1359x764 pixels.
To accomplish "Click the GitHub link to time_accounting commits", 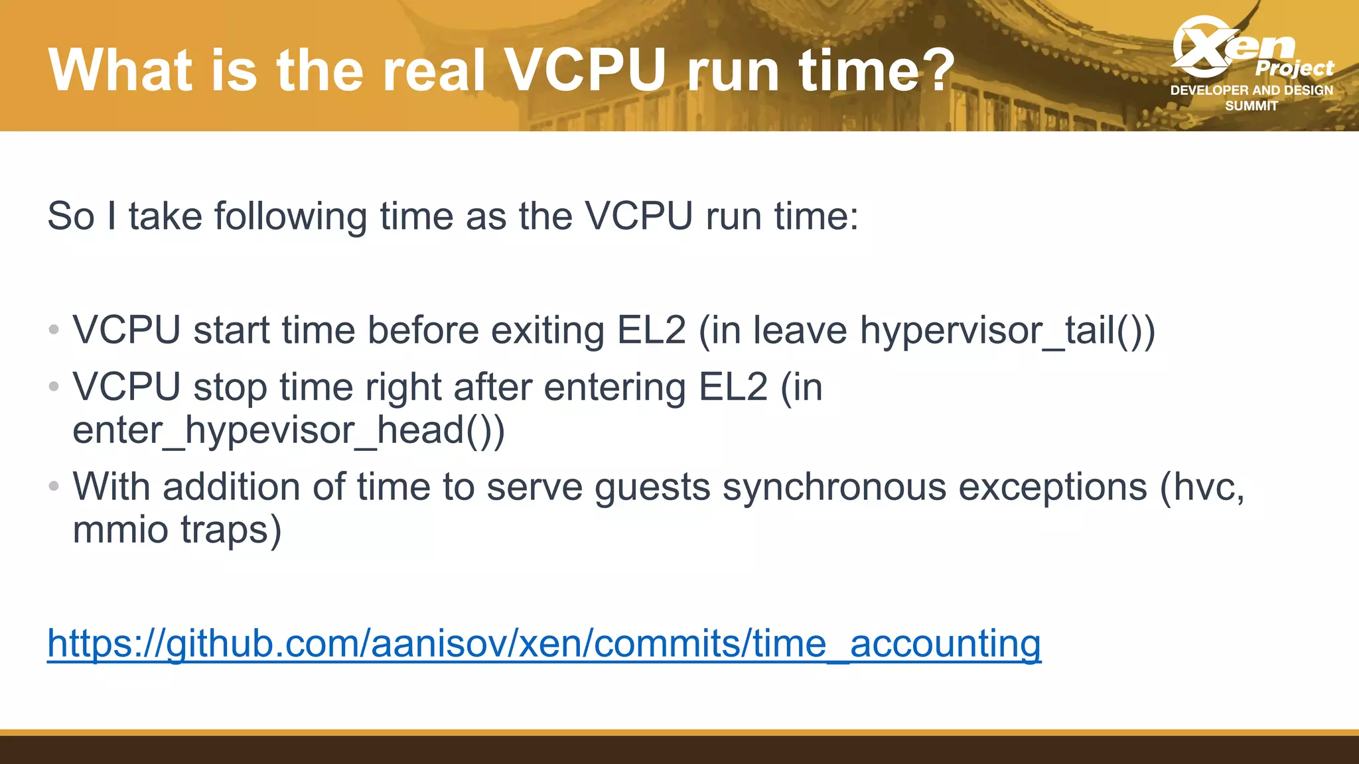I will pos(544,643).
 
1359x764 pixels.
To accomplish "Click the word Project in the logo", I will pos(1294,68).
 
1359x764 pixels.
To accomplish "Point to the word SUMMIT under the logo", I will pos(1252,106).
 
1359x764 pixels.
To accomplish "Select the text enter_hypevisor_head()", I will pos(289,430).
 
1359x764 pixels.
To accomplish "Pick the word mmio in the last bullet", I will pos(120,530).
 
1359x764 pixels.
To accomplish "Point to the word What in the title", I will pos(120,70).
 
